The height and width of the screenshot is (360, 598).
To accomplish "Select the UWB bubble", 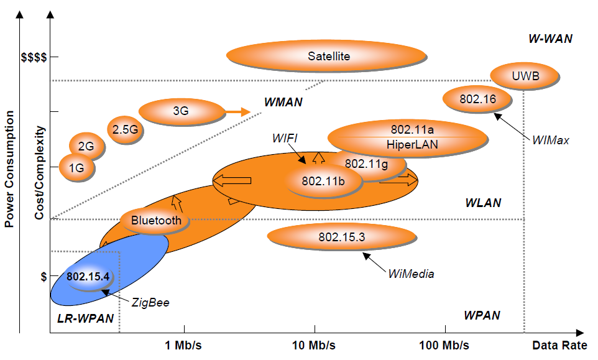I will point(525,76).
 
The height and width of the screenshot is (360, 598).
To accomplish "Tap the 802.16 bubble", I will point(477,99).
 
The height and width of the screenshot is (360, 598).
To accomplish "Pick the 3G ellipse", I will point(181,112).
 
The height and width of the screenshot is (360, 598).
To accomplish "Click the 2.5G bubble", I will point(126,130).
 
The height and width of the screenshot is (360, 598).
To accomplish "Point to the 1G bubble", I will point(76,167).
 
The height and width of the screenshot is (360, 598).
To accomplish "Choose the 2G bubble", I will point(86,147).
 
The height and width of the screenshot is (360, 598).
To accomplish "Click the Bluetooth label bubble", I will point(156,220).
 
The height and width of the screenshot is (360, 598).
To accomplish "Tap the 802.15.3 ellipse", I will point(342,237).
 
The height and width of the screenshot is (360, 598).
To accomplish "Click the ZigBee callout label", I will point(150,303).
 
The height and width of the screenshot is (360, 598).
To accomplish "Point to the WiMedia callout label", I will point(411,274).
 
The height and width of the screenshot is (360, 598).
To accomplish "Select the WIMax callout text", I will point(551,141).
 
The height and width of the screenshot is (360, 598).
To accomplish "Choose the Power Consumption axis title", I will point(10,169).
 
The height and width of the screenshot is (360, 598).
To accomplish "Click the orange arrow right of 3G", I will point(237,112).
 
